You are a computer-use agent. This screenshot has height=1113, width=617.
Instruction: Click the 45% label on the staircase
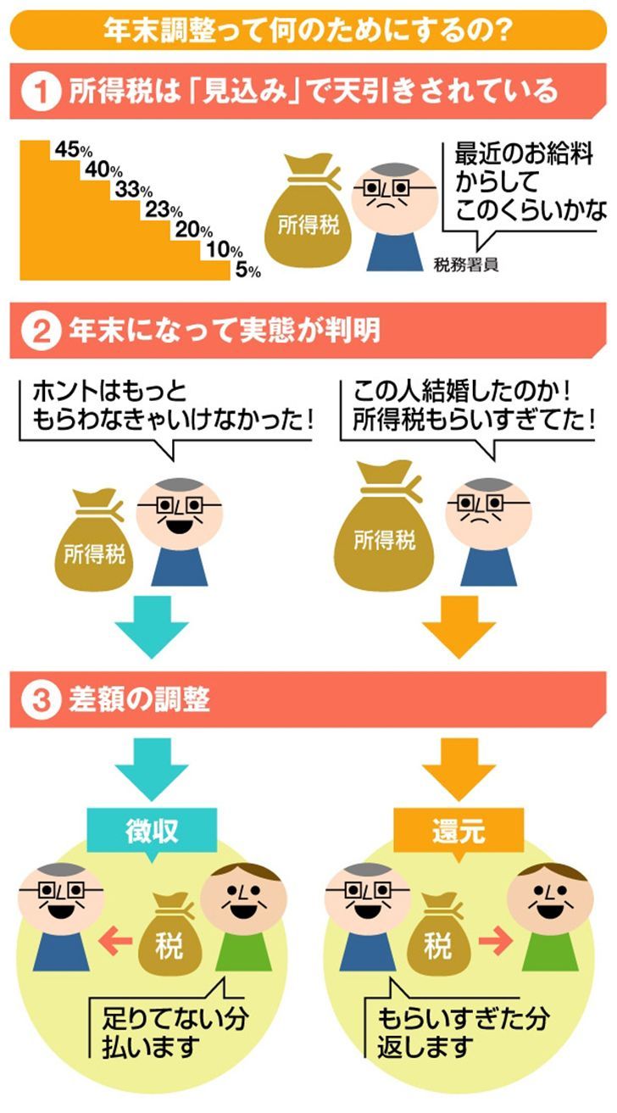72,150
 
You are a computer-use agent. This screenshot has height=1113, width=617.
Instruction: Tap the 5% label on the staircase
247,270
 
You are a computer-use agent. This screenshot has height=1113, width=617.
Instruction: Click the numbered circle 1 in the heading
38,92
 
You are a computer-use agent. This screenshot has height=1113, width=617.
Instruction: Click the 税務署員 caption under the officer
465,264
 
